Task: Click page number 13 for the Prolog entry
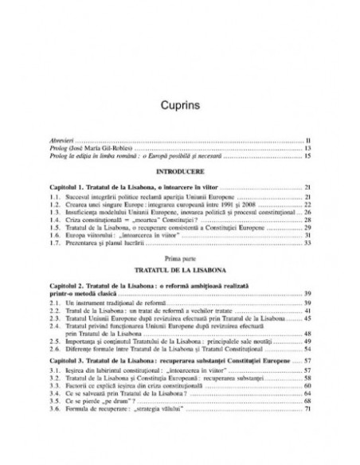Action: [307, 148]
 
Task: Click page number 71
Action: [307, 408]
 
